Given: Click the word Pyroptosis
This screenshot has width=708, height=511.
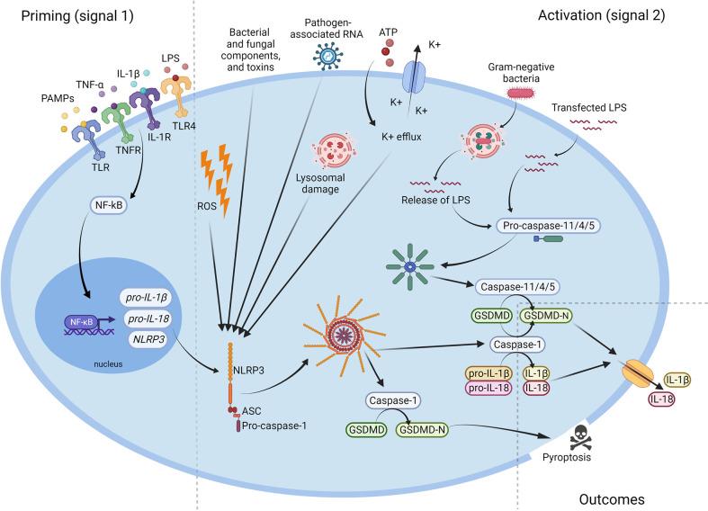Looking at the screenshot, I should pyautogui.click(x=569, y=465).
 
